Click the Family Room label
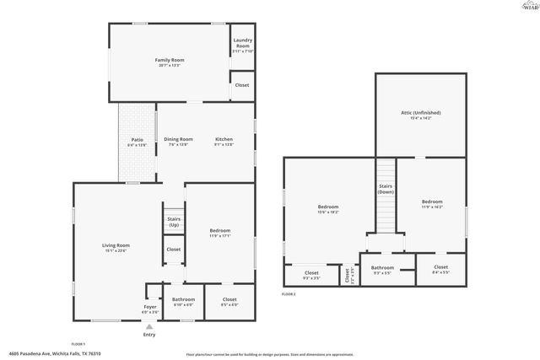click(170, 61)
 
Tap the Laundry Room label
click(242, 46)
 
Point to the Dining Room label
click(178, 139)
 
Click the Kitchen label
click(224, 139)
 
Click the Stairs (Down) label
click(385, 189)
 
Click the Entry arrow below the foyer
click(149, 326)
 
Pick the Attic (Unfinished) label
click(420, 112)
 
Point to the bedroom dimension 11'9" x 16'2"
click(432, 206)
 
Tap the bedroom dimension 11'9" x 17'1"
click(219, 236)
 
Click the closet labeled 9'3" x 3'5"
click(311, 276)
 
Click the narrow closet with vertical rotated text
click(348, 275)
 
